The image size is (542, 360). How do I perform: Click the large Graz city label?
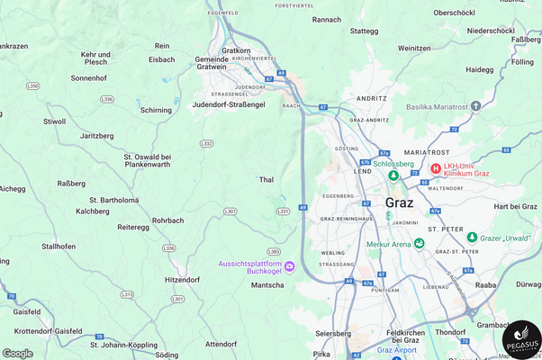399,202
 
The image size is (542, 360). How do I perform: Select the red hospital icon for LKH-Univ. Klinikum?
436,168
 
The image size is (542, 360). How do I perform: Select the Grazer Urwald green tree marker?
472,237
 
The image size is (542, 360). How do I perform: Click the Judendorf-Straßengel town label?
229,104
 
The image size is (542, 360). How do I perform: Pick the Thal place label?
266,180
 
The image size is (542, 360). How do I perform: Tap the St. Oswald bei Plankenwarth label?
147,160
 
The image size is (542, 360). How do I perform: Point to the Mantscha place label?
267,284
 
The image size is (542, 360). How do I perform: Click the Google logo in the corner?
18,353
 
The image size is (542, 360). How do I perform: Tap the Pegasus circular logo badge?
521,340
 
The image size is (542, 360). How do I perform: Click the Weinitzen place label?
413,48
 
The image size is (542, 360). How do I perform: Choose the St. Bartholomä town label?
114,200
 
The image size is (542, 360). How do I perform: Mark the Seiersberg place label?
333,333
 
